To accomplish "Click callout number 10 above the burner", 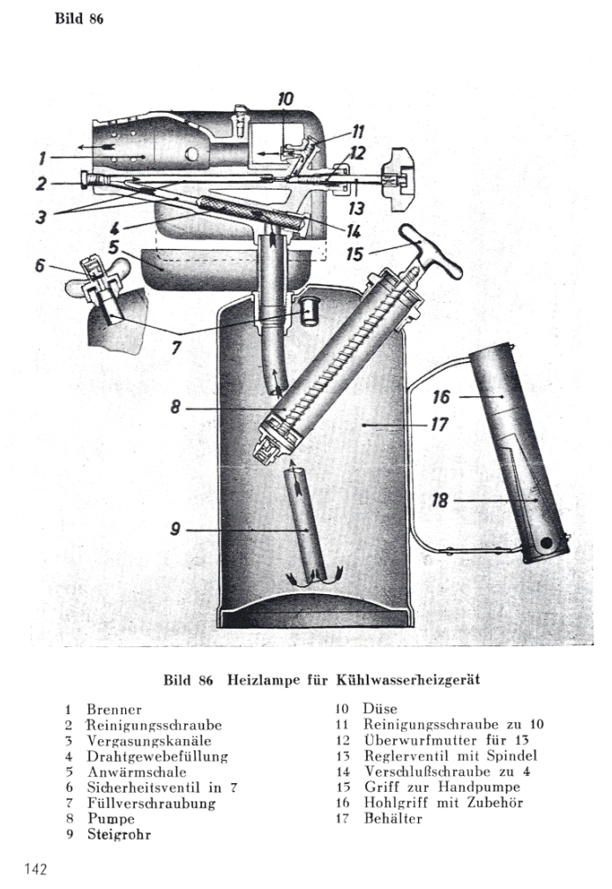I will [286, 99].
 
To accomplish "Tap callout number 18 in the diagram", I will [441, 501].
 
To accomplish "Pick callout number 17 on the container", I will [441, 425].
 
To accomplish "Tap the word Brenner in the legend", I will [114, 709].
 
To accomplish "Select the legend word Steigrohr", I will [118, 836].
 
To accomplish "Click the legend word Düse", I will [380, 709].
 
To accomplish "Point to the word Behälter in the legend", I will [393, 819].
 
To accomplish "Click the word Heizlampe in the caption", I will [265, 680].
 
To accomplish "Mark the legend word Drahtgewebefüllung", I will [157, 757].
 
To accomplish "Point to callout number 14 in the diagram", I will [355, 233].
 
